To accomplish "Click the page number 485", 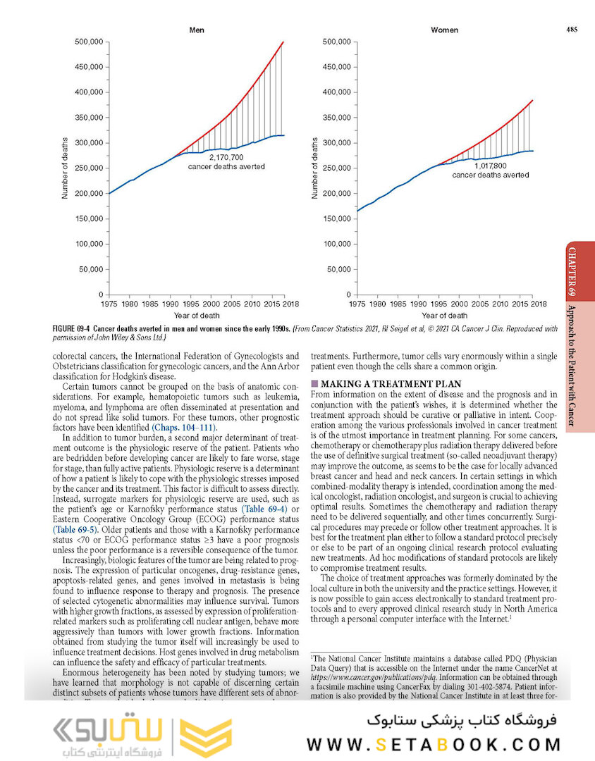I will coord(571,29).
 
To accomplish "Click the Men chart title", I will coord(197,30).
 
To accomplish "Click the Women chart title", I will coord(444,30).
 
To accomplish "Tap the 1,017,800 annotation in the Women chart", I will coord(490,166).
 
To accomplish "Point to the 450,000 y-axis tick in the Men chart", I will coord(89,67).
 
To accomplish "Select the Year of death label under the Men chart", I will coord(197,316).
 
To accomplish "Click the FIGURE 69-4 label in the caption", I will coord(72,329).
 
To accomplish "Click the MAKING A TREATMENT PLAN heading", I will coord(391,383).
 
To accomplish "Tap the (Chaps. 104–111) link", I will coord(185,428).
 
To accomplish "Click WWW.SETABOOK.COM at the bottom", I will coord(434,744).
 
